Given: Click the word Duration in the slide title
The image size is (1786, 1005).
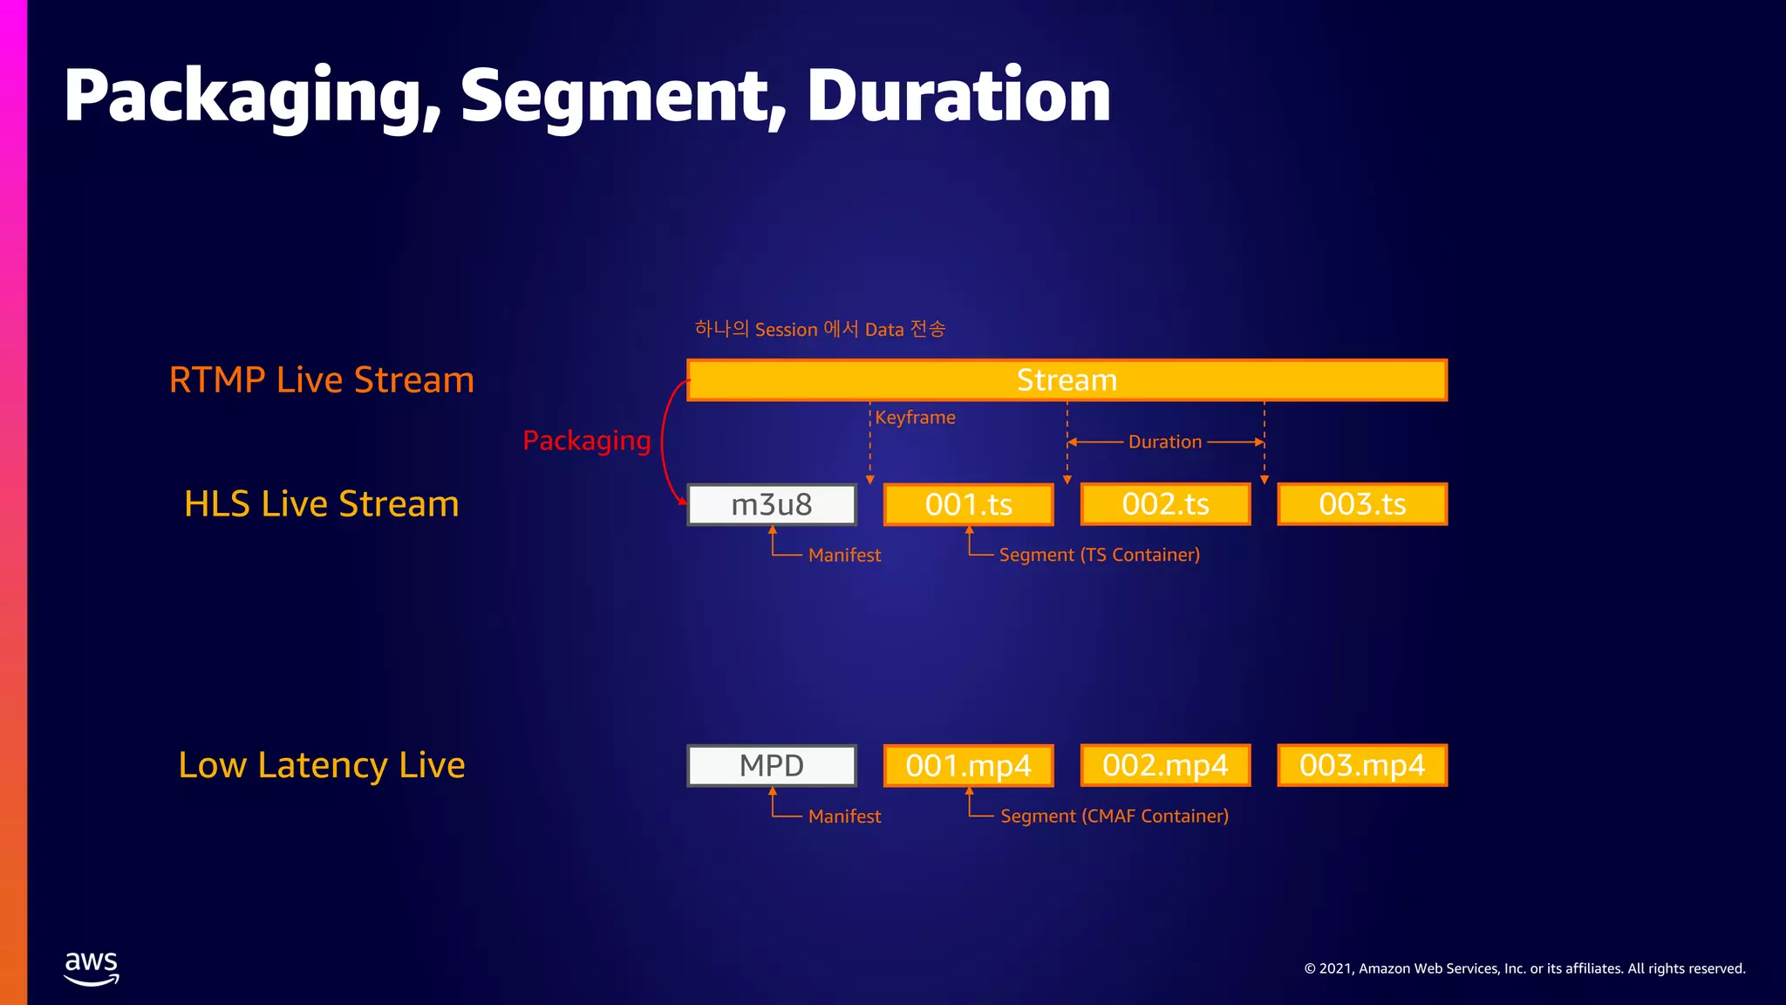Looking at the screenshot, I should tap(958, 95).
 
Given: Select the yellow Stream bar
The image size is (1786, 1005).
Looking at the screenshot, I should tap(1067, 380).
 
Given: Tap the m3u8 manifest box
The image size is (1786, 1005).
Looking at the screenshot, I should tap(772, 504).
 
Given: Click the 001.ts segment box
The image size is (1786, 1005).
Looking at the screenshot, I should tap(968, 504).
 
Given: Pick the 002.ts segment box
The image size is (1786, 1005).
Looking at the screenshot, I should tap(1165, 504).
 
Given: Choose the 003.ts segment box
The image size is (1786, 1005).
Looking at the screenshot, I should tap(1362, 504).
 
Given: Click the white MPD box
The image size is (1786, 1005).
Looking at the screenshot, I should tap(772, 765).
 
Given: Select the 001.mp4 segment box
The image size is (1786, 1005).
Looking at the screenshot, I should tap(968, 765).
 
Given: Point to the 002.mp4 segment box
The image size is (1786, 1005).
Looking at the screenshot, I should tap(1165, 765).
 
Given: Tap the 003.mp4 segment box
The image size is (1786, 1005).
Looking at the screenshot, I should tap(1362, 765).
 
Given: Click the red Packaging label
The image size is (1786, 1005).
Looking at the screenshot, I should tap(586, 441).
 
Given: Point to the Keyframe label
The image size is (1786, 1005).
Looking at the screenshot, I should tap(915, 417).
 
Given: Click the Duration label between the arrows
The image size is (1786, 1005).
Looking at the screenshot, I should tap(1165, 441).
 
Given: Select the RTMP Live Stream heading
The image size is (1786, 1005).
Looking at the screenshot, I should tap(321, 380).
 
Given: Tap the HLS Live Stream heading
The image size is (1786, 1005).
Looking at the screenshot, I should tap(321, 504).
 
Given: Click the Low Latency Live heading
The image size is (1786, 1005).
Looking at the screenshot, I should tap(321, 765).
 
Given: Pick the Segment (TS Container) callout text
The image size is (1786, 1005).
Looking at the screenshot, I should tap(1099, 555).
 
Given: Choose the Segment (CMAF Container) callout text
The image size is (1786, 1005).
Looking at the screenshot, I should tap(1114, 816).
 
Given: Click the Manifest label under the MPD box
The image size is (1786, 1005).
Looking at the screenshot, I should tap(844, 817).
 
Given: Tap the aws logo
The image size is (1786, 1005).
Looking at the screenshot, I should tap(92, 967).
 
